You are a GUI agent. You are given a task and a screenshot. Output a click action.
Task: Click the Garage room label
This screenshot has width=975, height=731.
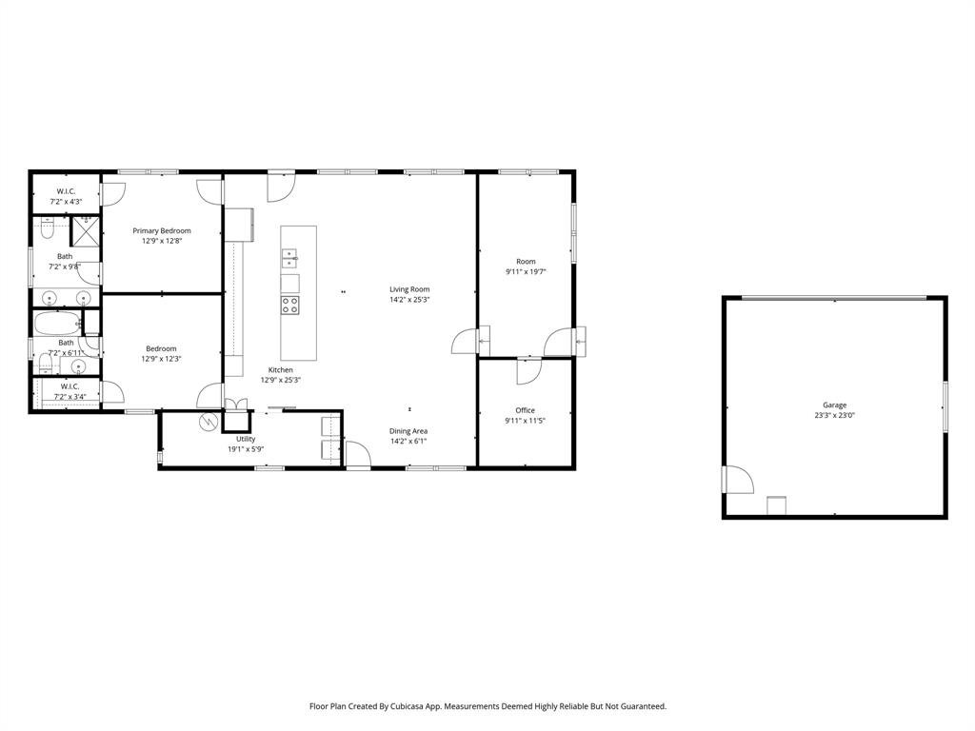[834, 405]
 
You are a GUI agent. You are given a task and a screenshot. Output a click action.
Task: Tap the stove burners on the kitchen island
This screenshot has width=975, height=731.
[289, 305]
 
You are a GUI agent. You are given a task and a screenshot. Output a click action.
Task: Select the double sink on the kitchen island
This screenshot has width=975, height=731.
[289, 255]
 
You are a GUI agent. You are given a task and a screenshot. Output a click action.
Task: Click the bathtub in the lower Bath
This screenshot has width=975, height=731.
[58, 324]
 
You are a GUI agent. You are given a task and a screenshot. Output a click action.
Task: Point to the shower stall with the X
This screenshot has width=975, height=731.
[87, 231]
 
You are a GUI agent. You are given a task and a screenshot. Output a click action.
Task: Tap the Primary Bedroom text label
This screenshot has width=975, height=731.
[162, 230]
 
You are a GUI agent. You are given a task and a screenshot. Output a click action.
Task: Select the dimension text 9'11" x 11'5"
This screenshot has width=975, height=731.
[525, 420]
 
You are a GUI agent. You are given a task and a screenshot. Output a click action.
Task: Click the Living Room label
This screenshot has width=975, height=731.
[409, 289]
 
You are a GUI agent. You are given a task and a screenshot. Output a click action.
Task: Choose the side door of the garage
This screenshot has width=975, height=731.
[738, 480]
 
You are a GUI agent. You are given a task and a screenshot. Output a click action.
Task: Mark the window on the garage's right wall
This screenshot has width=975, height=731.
[945, 405]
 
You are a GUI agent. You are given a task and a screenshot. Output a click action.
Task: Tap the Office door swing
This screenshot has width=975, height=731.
[528, 371]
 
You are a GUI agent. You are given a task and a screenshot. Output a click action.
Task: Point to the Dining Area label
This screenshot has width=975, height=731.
[408, 431]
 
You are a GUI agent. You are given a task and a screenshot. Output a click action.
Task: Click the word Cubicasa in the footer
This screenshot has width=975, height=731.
[407, 706]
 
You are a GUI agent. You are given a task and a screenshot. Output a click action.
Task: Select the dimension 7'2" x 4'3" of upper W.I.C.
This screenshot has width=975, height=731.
[66, 202]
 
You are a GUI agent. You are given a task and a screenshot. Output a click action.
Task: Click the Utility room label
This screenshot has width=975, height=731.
[246, 439]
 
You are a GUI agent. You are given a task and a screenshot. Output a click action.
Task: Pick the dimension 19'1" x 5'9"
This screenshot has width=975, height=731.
[246, 449]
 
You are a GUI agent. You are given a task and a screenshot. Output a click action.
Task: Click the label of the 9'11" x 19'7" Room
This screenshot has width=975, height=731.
[526, 261]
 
